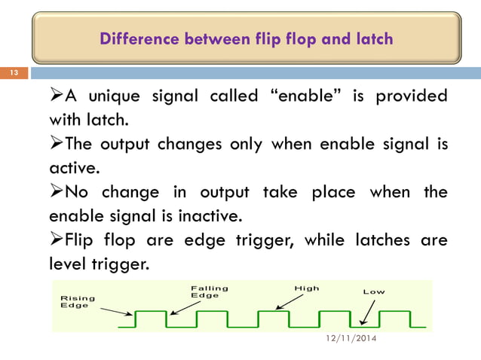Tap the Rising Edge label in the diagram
75,301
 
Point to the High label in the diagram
307,288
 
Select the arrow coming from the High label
290,300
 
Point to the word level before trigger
69,266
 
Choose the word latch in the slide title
371,38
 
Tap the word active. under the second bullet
74,169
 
